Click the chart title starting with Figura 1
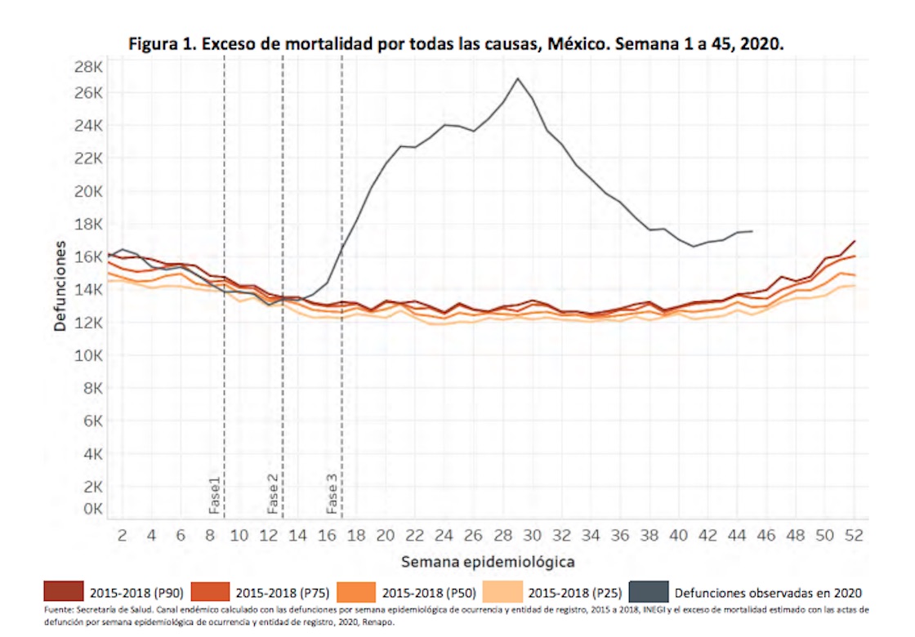pyautogui.click(x=457, y=42)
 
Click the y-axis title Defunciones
pyautogui.click(x=60, y=290)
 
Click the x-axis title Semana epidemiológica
pyautogui.click(x=488, y=562)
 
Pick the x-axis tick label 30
pyautogui.click(x=532, y=536)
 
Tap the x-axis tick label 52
pyautogui.click(x=854, y=536)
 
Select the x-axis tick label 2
pyautogui.click(x=123, y=536)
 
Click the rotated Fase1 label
pyautogui.click(x=215, y=494)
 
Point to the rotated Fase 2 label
pyautogui.click(x=274, y=492)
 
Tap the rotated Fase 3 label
pyautogui.click(x=333, y=492)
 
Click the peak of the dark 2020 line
pyautogui.click(x=517, y=78)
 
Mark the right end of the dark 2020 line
pyautogui.click(x=752, y=231)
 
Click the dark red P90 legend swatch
pyautogui.click(x=64, y=591)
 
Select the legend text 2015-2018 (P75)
pyautogui.click(x=282, y=592)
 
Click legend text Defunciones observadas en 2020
pyautogui.click(x=768, y=592)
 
